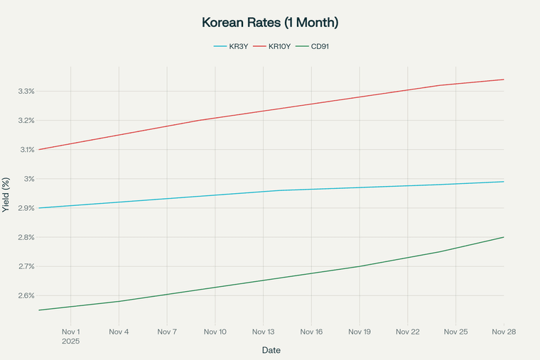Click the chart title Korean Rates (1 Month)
click(x=270, y=23)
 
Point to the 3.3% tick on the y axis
click(x=26, y=92)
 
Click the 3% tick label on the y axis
click(x=29, y=179)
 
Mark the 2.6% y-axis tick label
click(x=26, y=295)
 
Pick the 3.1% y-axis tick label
click(x=26, y=150)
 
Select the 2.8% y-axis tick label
click(x=26, y=237)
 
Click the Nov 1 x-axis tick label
click(x=71, y=332)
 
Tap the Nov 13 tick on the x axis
click(x=263, y=332)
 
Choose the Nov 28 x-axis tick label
click(x=504, y=332)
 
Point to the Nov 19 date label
click(x=360, y=332)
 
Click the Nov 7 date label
click(x=167, y=332)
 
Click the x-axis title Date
click(x=270, y=350)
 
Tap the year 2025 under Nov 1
click(x=71, y=342)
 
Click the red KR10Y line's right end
click(x=504, y=80)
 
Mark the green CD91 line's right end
click(x=504, y=237)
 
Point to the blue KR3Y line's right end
click(x=504, y=182)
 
